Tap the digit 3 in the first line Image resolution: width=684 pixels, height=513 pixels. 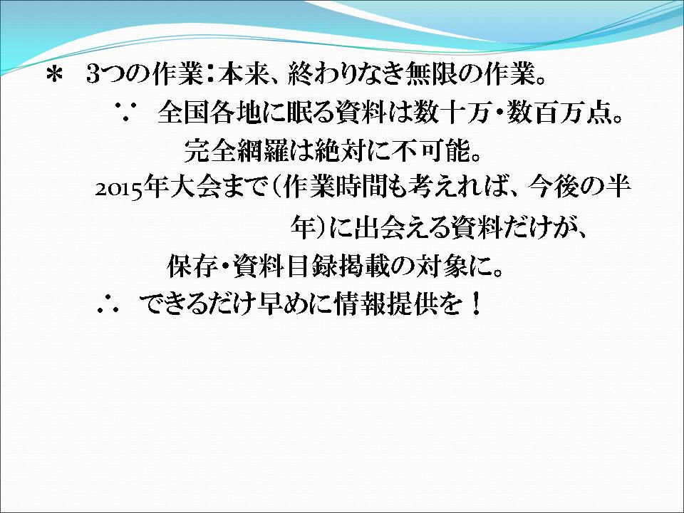[x=94, y=75]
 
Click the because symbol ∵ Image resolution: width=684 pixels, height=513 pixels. [x=124, y=113]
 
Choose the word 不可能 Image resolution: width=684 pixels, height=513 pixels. [x=431, y=150]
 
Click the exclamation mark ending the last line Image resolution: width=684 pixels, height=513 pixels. [x=477, y=304]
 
